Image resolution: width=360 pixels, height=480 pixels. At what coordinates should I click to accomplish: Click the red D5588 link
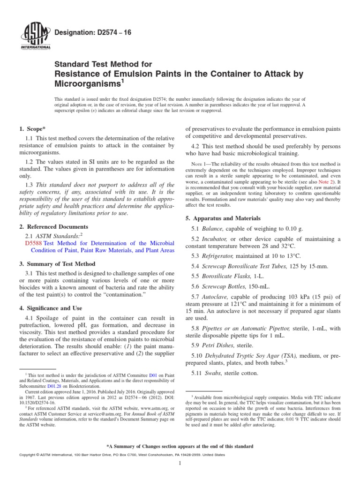tap(33, 243)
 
